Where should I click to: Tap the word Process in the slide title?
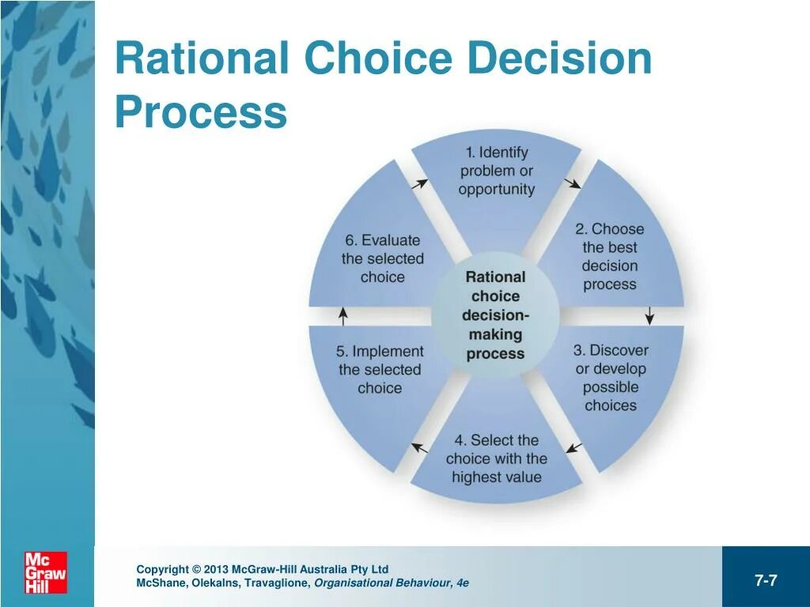point(200,112)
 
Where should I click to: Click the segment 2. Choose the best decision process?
point(610,256)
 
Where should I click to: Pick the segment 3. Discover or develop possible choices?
point(611,378)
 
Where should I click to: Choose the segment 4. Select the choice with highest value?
point(496,458)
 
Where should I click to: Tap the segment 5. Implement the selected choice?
point(380,369)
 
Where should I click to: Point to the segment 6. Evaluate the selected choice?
point(382,258)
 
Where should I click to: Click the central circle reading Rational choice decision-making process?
point(496,315)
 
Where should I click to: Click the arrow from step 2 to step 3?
point(649,315)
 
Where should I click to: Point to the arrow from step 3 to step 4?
point(574,448)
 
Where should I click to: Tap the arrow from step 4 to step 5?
point(419,448)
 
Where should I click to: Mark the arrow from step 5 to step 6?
point(343,316)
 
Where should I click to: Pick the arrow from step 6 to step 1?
point(419,184)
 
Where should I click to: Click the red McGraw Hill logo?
point(46,572)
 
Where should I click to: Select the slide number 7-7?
point(766,581)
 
